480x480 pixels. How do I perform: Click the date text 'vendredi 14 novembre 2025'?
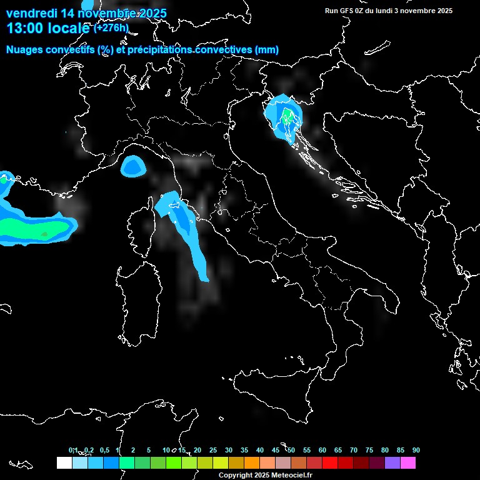click(86, 13)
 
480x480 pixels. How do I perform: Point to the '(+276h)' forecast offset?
click(111, 27)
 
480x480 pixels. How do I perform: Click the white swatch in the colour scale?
click(64, 463)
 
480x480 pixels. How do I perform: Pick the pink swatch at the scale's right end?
click(408, 463)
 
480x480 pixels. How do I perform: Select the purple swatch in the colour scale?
click(392, 463)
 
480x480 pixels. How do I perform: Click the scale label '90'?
click(416, 451)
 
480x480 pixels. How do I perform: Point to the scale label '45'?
click(276, 451)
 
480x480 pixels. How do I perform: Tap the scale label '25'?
click(213, 451)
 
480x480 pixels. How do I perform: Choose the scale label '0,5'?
click(104, 451)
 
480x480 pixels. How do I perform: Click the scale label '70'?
click(354, 451)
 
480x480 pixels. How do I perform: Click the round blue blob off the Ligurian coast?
click(133, 166)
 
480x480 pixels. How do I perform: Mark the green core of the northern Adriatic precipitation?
click(287, 116)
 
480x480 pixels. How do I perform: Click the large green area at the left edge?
click(31, 229)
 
